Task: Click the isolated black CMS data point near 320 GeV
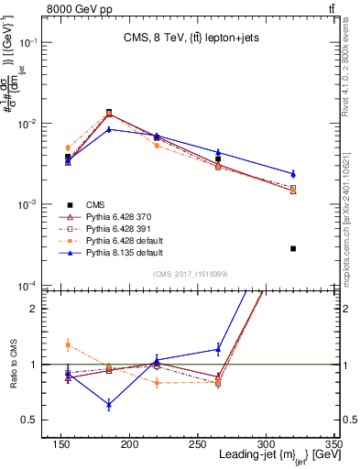tap(293, 248)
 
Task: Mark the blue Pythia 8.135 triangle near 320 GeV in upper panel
tap(293, 173)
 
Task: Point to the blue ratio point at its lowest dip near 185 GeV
tap(109, 404)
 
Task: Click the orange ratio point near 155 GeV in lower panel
tap(68, 344)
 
